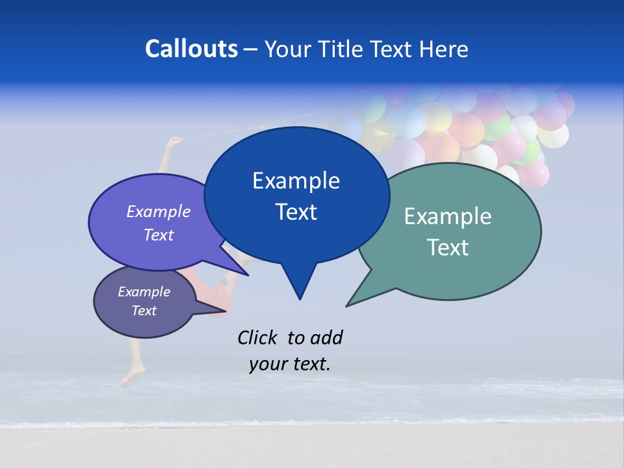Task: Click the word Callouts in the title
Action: click(191, 49)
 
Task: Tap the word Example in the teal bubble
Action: click(448, 216)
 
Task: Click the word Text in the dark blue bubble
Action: click(296, 212)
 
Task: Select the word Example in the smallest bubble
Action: click(144, 292)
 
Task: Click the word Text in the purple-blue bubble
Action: click(159, 235)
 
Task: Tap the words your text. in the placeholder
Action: click(290, 364)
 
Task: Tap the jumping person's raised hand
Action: click(174, 141)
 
